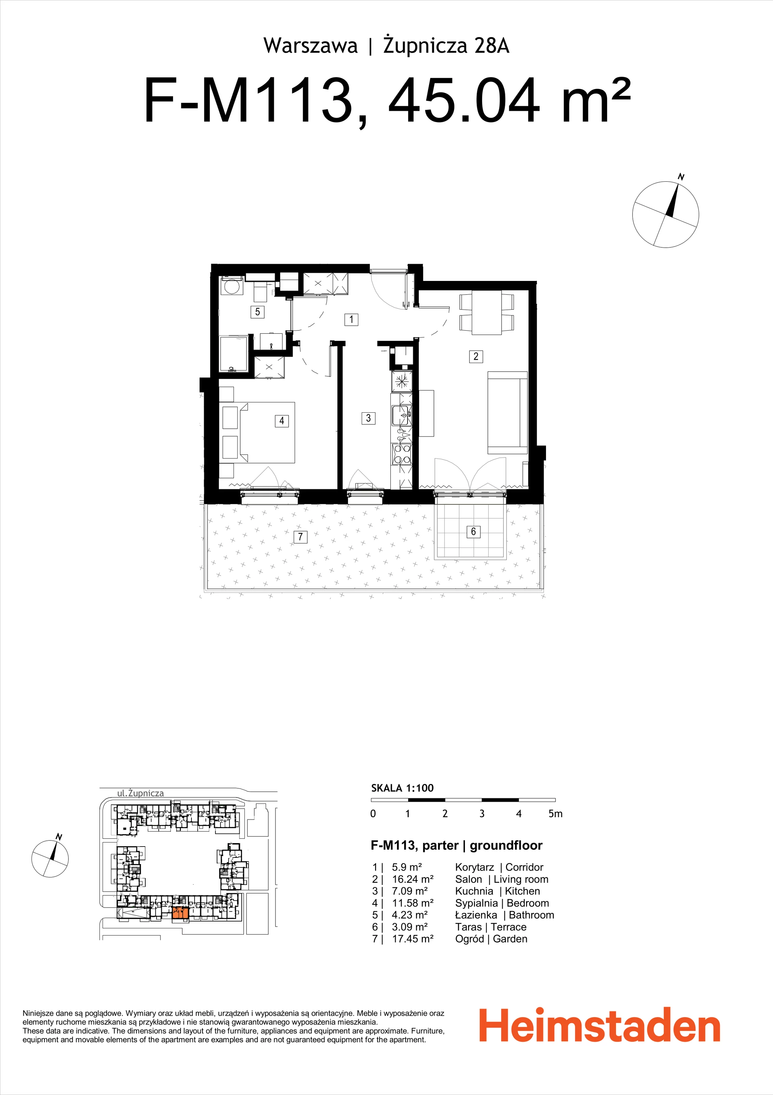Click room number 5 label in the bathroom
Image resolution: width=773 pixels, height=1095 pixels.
click(x=257, y=312)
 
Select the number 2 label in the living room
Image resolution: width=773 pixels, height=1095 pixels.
click(x=476, y=356)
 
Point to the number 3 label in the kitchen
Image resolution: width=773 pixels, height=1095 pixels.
click(x=369, y=418)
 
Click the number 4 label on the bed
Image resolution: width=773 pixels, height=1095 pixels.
click(x=282, y=421)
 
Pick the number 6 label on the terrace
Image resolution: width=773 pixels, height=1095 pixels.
click(x=473, y=531)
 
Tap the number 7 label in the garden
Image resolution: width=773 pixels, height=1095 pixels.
click(x=300, y=537)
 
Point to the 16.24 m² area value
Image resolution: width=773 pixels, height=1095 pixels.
click(x=413, y=879)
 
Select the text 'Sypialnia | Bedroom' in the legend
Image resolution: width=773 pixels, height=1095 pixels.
click(x=502, y=903)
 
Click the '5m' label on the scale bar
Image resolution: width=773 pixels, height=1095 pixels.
click(x=555, y=814)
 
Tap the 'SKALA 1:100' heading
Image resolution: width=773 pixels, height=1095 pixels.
click(x=402, y=788)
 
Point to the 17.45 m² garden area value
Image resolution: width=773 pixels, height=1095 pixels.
click(x=413, y=939)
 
